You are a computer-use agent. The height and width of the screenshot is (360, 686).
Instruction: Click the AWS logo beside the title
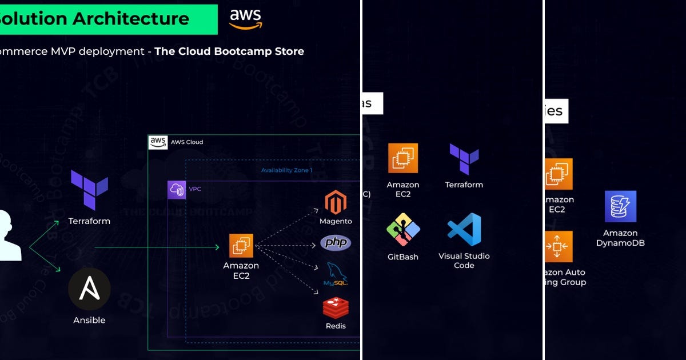tap(246, 19)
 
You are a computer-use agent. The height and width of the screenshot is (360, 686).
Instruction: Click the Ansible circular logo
tap(89, 290)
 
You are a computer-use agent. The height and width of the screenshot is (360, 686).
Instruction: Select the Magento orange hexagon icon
tap(336, 203)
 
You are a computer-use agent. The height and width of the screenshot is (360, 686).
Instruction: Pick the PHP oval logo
tap(336, 243)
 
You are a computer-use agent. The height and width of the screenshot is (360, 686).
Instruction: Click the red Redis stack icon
tap(336, 307)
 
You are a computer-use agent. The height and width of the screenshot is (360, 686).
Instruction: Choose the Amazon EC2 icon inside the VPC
tap(241, 246)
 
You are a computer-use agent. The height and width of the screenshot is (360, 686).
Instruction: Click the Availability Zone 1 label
tap(286, 170)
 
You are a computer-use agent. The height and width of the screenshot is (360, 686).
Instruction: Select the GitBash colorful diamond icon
tap(403, 230)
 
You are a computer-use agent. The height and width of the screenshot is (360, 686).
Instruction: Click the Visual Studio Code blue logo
tap(464, 230)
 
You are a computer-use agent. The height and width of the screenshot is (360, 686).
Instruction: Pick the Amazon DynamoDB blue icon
tap(620, 206)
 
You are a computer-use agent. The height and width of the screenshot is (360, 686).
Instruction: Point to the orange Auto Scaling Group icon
tap(558, 246)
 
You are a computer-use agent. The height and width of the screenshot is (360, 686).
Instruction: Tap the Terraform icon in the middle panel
tap(464, 159)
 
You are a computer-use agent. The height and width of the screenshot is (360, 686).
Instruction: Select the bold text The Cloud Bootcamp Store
tap(229, 51)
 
